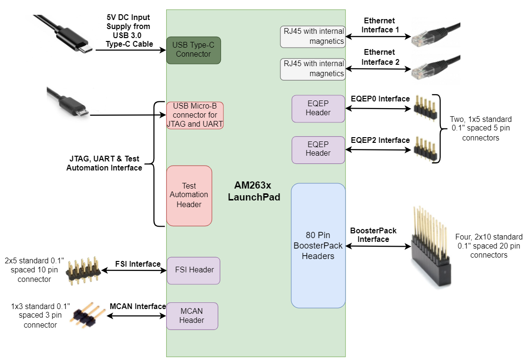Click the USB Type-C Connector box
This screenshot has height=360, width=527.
pyautogui.click(x=193, y=50)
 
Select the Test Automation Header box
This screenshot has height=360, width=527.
pyautogui.click(x=189, y=196)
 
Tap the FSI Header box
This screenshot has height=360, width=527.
pyautogui.click(x=194, y=270)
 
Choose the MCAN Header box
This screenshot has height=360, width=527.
pyautogui.click(x=192, y=316)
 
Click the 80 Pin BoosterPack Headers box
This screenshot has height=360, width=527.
pyautogui.click(x=318, y=245)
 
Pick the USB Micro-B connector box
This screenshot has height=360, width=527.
pyautogui.click(x=195, y=115)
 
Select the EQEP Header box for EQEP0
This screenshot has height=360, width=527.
pyautogui.click(x=318, y=109)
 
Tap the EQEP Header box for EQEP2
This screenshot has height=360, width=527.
pyautogui.click(x=318, y=150)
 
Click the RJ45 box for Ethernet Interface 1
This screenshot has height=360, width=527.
pyautogui.click(x=312, y=37)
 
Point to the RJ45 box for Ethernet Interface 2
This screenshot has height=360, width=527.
pyautogui.click(x=312, y=69)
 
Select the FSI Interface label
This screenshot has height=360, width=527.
pyautogui.click(x=138, y=263)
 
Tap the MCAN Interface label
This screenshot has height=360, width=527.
pyautogui.click(x=138, y=306)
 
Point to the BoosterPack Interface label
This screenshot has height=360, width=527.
pyautogui.click(x=373, y=235)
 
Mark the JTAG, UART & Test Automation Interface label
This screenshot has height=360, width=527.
pyautogui.click(x=104, y=163)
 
